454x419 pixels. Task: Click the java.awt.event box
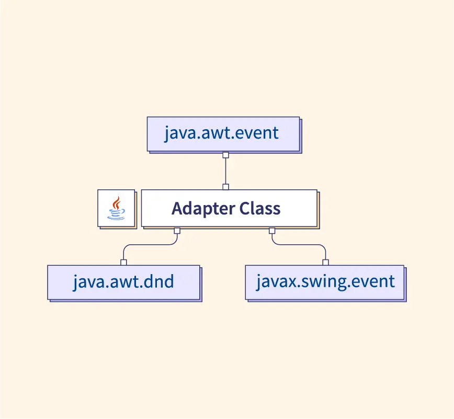point(223,134)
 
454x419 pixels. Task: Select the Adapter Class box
point(229,208)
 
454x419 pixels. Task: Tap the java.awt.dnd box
point(123,282)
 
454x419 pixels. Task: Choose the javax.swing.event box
point(325,282)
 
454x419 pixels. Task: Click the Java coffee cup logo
point(116,208)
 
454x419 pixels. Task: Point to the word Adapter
point(203,209)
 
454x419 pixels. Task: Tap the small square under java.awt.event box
point(225,155)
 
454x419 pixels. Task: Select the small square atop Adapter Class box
point(225,187)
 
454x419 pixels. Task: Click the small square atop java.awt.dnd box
point(123,263)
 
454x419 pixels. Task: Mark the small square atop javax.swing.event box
point(325,263)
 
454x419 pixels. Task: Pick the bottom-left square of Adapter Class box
point(177,231)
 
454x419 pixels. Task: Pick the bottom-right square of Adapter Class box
point(272,231)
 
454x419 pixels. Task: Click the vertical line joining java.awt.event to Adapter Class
point(225,171)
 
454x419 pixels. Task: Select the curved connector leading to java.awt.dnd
point(150,245)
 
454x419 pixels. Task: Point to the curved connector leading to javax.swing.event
point(299,245)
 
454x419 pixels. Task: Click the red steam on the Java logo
point(117,202)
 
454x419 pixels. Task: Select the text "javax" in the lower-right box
point(277,282)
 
